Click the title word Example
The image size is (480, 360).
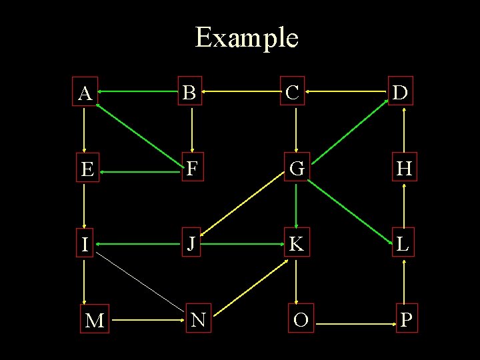[246, 38]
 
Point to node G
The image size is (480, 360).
[297, 169]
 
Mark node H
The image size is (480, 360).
[404, 169]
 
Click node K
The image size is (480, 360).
[297, 244]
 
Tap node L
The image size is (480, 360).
[403, 244]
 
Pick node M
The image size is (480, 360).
[95, 321]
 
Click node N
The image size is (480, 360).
[198, 319]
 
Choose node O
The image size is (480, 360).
[301, 320]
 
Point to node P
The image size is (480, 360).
[406, 320]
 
